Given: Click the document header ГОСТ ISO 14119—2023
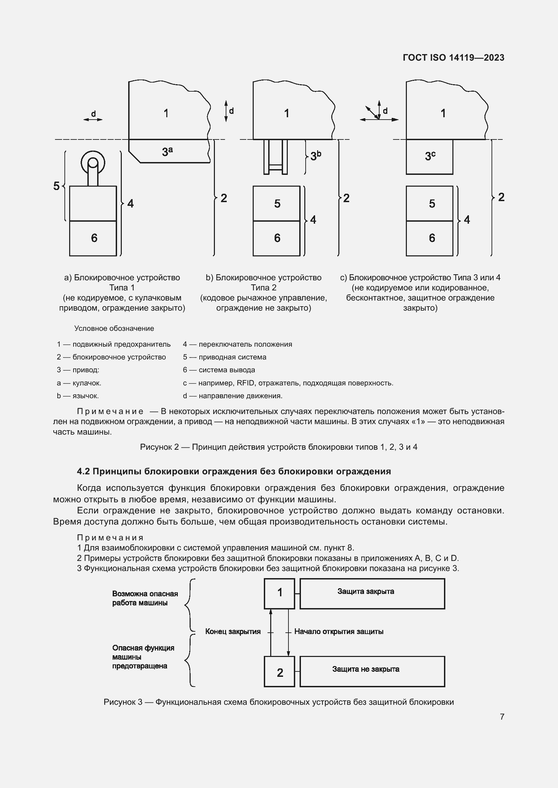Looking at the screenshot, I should pyautogui.click(x=453, y=58).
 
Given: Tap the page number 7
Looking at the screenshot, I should pyautogui.click(x=502, y=717).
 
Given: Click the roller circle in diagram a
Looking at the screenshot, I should pyautogui.click(x=93, y=162).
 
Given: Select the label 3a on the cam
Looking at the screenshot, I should pyautogui.click(x=167, y=151).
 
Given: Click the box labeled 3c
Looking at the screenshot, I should pyautogui.click(x=429, y=157).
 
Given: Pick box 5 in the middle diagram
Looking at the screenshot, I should pyautogui.click(x=277, y=203).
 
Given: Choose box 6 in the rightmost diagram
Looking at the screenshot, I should pyautogui.click(x=429, y=238).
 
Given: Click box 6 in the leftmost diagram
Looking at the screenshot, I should pyautogui.click(x=93, y=238).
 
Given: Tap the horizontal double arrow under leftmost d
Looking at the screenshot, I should pyautogui.click(x=93, y=120).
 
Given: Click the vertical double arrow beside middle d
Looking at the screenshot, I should pyautogui.click(x=226, y=111).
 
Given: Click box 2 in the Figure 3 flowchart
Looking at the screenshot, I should pyautogui.click(x=279, y=672).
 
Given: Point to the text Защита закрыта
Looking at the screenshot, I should pyautogui.click(x=366, y=591).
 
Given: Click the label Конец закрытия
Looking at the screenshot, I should pyautogui.click(x=233, y=631).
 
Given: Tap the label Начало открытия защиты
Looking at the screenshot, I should pyautogui.click(x=339, y=631).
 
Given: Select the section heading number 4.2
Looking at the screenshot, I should pyautogui.click(x=83, y=471).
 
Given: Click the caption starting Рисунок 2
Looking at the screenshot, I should pyautogui.click(x=279, y=447).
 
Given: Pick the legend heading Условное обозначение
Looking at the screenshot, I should pyautogui.click(x=114, y=328).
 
